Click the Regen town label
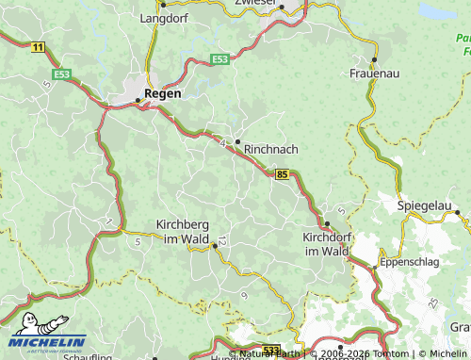pos(163,94)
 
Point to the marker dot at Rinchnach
pos(237,141)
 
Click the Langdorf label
pos(164,18)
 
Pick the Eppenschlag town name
pos(409,262)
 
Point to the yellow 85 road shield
pos(283,173)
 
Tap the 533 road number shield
pos(270,350)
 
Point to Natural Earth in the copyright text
pos(269,354)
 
